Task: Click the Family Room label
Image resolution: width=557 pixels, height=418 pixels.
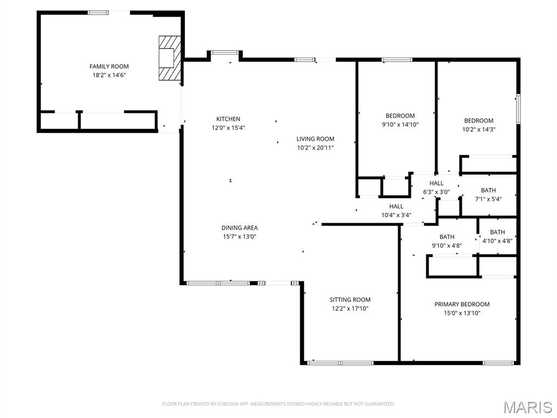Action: [109, 66]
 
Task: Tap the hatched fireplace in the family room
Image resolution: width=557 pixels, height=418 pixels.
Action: [169, 58]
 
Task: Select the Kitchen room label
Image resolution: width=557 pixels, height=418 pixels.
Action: [228, 119]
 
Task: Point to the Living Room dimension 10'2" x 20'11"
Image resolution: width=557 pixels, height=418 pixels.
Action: [315, 147]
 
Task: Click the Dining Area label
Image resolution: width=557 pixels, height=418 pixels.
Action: [239, 228]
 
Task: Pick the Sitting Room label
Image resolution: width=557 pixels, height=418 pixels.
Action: [350, 299]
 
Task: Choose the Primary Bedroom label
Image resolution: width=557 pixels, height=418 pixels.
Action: [462, 304]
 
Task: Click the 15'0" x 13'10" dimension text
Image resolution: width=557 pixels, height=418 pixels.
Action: [462, 313]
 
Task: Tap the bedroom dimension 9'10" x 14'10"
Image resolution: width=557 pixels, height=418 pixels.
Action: [400, 125]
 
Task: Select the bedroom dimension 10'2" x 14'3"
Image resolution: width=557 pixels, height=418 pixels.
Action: [479, 130]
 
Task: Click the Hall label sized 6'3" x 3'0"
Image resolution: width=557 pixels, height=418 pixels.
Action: [436, 183]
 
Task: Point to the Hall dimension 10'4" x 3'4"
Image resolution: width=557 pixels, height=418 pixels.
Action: [396, 215]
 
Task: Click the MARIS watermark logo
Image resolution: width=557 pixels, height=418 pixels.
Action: [527, 407]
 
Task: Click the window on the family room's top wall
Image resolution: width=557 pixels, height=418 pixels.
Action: [98, 13]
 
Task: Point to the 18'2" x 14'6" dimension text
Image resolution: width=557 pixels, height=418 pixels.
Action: [109, 75]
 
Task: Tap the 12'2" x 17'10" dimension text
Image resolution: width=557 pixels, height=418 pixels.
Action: [350, 308]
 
